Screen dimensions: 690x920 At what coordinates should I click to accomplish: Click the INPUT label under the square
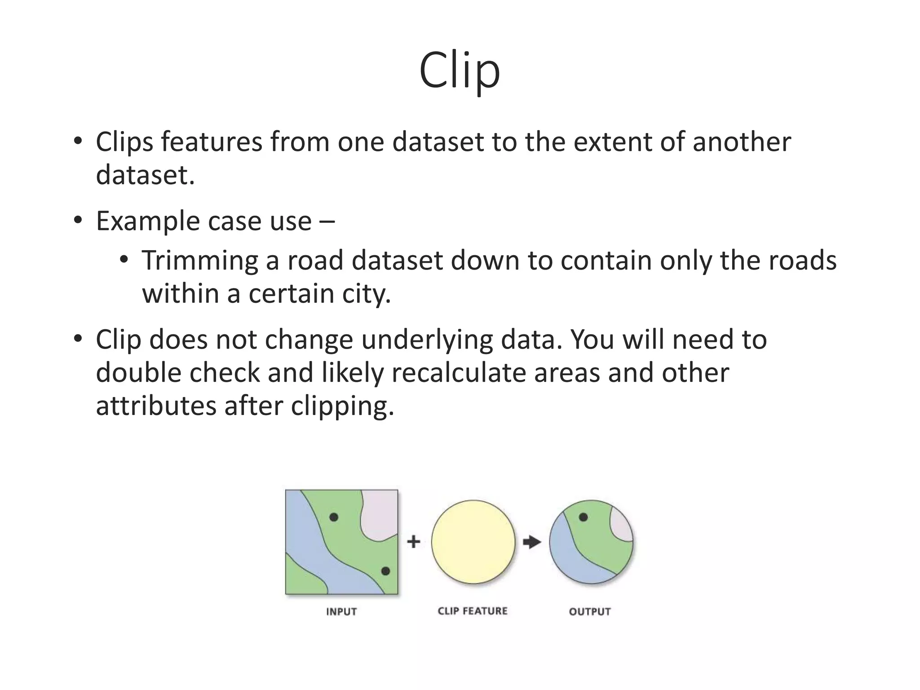coord(341,611)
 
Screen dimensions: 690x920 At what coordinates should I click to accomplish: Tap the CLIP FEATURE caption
coord(473,611)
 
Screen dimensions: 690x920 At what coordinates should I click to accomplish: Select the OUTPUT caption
coord(590,611)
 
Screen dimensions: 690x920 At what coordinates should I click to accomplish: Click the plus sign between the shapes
coord(414,541)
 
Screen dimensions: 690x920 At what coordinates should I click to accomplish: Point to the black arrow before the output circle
coord(532,542)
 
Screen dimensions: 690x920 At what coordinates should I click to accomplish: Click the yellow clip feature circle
coord(473,542)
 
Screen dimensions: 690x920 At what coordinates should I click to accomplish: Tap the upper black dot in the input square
coord(334,517)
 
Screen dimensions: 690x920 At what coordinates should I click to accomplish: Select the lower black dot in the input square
coord(385,571)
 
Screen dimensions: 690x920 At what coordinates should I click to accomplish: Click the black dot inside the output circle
coord(584,517)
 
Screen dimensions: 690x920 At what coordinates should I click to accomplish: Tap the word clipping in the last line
coord(342,406)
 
